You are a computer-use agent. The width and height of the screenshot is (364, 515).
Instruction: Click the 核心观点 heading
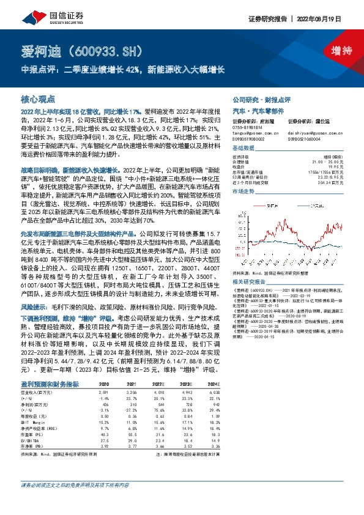39,98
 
